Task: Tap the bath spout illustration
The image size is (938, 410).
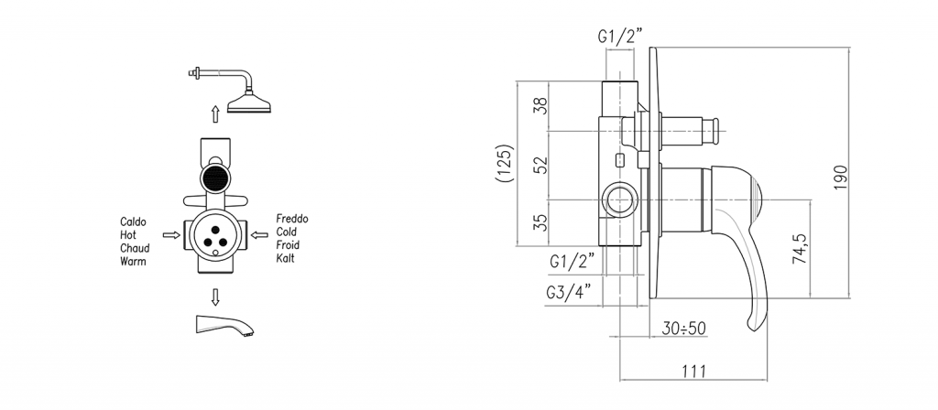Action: (224, 325)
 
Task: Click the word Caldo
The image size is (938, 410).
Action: (134, 221)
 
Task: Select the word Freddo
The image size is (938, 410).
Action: (292, 219)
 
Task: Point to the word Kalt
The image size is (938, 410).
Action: (286, 258)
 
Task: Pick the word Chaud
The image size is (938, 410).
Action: (135, 248)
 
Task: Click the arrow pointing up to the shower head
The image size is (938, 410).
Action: (215, 113)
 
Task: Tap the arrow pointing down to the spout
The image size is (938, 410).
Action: (215, 297)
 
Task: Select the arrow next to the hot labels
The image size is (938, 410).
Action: (171, 235)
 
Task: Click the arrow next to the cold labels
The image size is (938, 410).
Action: (259, 235)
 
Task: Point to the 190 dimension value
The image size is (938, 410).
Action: (841, 178)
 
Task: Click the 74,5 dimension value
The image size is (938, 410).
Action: (800, 249)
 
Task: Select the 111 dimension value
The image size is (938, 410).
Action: (694, 372)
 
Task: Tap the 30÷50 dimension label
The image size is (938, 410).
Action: (683, 329)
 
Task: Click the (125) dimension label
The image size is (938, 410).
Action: (506, 163)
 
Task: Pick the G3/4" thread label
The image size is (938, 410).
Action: (568, 292)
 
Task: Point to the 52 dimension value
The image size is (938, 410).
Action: (540, 166)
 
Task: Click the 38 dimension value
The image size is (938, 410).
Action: (540, 106)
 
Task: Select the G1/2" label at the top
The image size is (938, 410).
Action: (620, 37)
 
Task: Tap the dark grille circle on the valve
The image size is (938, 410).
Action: (215, 178)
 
